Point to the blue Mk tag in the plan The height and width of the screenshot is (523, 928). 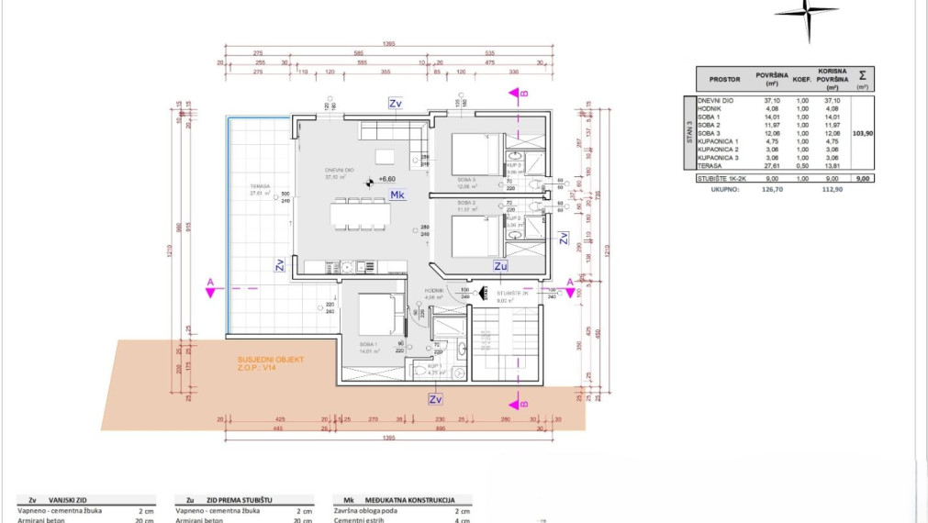point(397,195)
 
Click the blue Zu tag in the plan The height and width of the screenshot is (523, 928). point(500,266)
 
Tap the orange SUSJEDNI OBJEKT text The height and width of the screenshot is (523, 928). point(271,360)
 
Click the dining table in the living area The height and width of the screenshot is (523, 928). point(361,213)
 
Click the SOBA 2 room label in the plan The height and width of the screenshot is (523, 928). point(466,202)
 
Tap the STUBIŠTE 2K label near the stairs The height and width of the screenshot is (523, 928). point(512,293)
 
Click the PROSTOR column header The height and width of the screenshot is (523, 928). point(724,79)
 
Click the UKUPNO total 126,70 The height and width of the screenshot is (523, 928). point(769,193)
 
